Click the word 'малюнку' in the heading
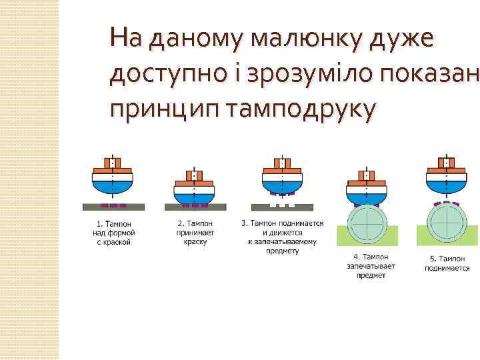click(x=299, y=39)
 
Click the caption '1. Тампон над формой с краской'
click(x=114, y=233)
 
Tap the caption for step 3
click(x=283, y=237)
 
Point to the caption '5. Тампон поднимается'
click(x=447, y=263)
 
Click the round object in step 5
click(x=447, y=225)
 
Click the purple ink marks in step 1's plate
click(x=113, y=205)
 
